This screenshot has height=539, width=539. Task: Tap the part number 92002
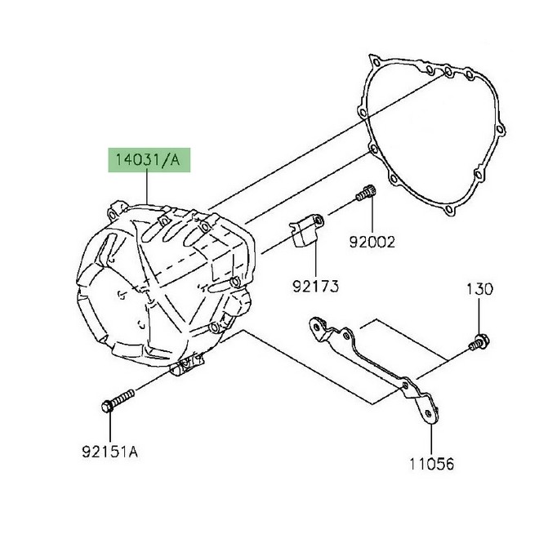(x=372, y=242)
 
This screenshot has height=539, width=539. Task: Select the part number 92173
(x=315, y=287)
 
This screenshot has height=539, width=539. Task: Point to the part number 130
(x=480, y=290)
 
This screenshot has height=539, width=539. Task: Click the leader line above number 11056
(x=430, y=433)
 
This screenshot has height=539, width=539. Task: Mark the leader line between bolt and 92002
(x=372, y=216)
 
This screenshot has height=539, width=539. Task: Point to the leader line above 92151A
(x=108, y=425)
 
